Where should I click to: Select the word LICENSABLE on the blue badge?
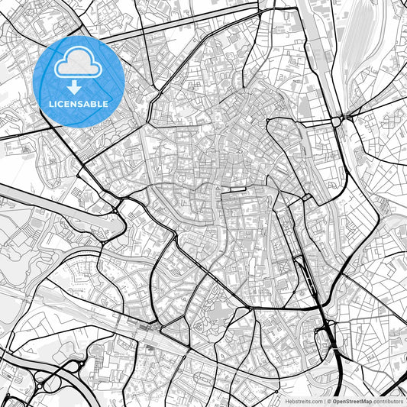pos(79,104)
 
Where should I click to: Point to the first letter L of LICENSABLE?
pos(51,104)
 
